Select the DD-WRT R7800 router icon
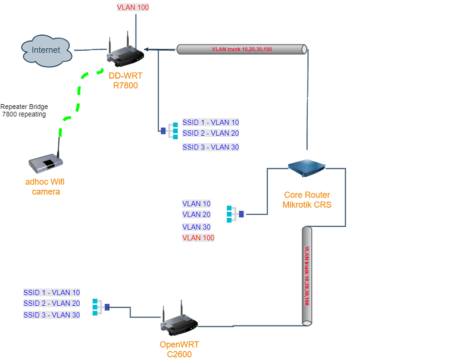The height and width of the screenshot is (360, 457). (x=126, y=53)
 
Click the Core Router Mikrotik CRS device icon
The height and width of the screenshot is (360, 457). (x=307, y=169)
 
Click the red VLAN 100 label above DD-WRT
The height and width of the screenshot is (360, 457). (x=133, y=8)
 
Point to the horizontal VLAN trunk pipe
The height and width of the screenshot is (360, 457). (x=242, y=49)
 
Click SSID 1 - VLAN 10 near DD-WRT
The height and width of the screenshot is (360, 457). (x=211, y=123)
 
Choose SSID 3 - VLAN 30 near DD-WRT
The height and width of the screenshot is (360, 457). (x=211, y=147)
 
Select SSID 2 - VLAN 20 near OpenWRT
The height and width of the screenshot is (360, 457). (x=52, y=303)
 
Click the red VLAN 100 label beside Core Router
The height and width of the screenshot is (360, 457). (x=198, y=238)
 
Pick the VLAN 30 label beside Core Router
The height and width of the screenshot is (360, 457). (x=196, y=227)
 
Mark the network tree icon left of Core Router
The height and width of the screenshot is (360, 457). (x=235, y=214)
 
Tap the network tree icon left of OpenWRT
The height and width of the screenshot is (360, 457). (x=101, y=307)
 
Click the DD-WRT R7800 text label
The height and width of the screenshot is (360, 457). (x=124, y=80)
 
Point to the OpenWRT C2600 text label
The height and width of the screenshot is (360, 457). (x=179, y=349)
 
